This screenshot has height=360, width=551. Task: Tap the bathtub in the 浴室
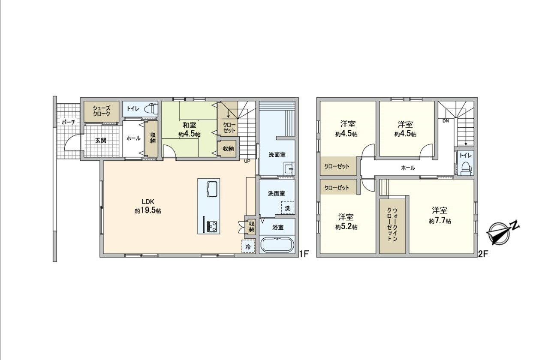pyautogui.click(x=277, y=245)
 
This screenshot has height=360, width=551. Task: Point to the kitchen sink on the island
pyautogui.click(x=213, y=189)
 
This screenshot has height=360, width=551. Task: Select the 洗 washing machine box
pyautogui.click(x=288, y=208)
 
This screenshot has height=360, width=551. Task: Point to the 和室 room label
pyautogui.click(x=190, y=125)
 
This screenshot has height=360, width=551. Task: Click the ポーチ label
pyautogui.click(x=68, y=122)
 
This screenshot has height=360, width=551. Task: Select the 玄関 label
pyautogui.click(x=101, y=140)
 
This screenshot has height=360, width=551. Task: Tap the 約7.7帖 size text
pyautogui.click(x=440, y=221)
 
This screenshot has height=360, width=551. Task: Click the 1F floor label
pyautogui.click(x=304, y=254)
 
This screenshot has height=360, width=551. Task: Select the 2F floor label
pyautogui.click(x=483, y=254)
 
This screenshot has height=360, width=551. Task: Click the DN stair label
pyautogui.click(x=446, y=121)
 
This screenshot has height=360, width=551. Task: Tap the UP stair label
pyautogui.click(x=247, y=161)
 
